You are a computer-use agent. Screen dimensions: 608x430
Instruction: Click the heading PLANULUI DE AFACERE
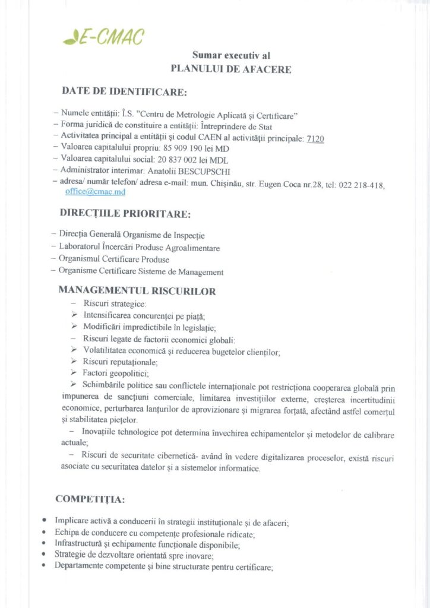(231, 69)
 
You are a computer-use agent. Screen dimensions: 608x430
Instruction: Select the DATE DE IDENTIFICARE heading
(124, 92)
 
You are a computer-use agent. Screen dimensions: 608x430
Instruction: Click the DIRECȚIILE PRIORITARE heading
(125, 213)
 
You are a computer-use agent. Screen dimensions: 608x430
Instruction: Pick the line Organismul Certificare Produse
(113, 259)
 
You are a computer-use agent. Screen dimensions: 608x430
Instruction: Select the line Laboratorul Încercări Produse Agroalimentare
(139, 248)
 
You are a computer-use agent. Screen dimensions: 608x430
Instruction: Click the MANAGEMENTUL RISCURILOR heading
(137, 291)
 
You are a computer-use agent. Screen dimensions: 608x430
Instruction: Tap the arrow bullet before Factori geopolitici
(74, 373)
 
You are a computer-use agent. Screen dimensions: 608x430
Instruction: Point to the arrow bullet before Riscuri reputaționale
(74, 362)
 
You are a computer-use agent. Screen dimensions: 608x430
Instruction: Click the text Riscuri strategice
(110, 304)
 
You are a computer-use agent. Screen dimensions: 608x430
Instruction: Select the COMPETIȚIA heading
(90, 498)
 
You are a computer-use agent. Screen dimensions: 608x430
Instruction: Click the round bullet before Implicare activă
(45, 520)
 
